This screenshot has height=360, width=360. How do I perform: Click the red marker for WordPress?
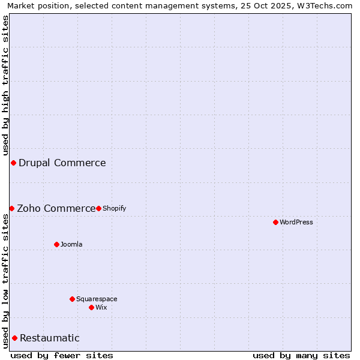pos(275,222)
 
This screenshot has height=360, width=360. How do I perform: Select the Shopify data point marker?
pos(98,208)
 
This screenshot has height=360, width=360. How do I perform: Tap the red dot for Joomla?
pos(56,244)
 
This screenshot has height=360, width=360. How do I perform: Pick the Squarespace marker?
pos(72,299)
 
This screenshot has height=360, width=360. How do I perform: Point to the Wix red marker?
pos(91,307)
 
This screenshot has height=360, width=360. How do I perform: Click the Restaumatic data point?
pos(14,338)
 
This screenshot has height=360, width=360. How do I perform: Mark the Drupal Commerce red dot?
pos(13,163)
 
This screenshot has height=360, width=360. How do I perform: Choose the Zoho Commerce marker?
pos(11,208)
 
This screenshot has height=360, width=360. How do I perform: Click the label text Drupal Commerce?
pos(62,163)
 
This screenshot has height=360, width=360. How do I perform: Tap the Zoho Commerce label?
pos(56,208)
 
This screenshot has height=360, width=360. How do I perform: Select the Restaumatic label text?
pos(49,338)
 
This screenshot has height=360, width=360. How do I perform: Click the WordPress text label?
pos(296,222)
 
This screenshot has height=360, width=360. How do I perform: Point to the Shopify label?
pos(114,208)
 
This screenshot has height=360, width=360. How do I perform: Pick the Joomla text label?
pos(71,244)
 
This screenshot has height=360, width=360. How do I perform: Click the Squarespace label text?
pos(97,299)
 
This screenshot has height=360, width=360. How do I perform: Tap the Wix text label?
pos(101,307)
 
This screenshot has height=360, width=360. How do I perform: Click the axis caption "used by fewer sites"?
pos(62,355)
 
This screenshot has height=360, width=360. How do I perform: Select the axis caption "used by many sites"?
pos(301,355)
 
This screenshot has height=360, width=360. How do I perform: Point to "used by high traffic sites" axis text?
pos(5,86)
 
